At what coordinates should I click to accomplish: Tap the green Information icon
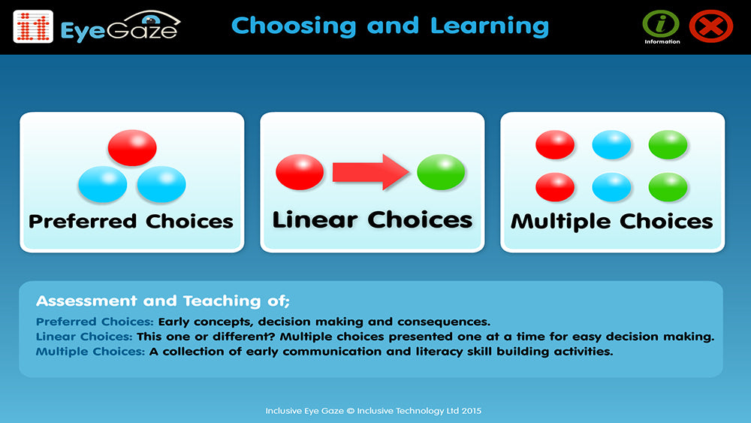coord(661,23)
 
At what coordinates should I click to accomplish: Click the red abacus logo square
coord(33,26)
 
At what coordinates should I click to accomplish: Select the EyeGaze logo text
coord(119,28)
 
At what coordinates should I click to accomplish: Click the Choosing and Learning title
coord(390,26)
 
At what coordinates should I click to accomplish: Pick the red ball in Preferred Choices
coord(132,147)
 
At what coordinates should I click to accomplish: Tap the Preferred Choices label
coord(131,221)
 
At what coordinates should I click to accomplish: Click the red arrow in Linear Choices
coord(369,172)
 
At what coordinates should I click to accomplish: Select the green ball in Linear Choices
coord(441,172)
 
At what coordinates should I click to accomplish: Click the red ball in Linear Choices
coord(300,171)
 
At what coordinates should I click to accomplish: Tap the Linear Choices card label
coord(372,219)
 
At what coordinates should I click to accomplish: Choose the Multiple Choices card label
coord(611,221)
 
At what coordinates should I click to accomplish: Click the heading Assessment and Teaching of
coord(162,301)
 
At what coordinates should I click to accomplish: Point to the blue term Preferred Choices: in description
coord(95,322)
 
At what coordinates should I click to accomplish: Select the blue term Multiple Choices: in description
coord(90,352)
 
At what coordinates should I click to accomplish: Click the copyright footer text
coord(373,411)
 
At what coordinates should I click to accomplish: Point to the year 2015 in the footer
coord(471,411)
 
